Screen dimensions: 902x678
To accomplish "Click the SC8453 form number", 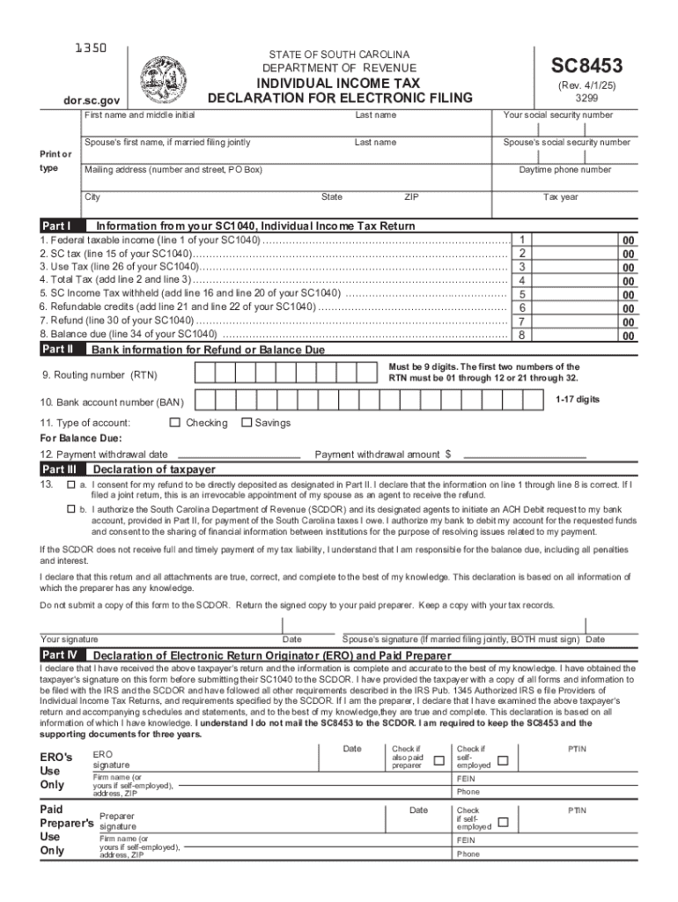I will point(586,65).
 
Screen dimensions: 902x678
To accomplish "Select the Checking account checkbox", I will point(176,423).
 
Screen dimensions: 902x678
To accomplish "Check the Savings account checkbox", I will point(246,423).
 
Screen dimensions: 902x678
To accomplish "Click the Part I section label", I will point(59,225).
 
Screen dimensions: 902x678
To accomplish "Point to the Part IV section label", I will point(61,655).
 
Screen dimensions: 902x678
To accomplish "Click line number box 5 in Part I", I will point(522,294).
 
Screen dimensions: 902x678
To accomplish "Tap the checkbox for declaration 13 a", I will point(71,484).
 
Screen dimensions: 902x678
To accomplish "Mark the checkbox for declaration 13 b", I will point(71,509).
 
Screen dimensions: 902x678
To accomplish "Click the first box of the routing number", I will point(204,375).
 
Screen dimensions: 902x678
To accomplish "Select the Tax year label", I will point(560,197).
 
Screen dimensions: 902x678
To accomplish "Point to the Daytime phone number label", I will point(564,169).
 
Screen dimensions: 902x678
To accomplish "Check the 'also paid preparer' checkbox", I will point(438,760).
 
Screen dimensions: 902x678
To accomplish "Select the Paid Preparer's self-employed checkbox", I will point(503,822).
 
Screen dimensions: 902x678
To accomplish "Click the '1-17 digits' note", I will point(577,399).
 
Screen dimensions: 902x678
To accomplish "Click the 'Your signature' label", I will point(70,640).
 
